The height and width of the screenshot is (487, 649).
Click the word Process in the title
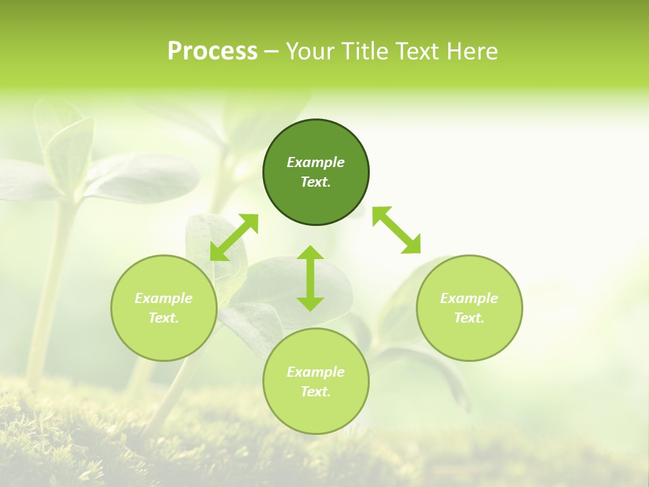(x=212, y=51)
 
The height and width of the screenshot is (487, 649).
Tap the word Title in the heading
(x=366, y=51)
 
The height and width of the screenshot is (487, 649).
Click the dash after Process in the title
(x=271, y=52)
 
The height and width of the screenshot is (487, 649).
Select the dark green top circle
(x=316, y=172)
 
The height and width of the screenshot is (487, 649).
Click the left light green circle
(x=164, y=308)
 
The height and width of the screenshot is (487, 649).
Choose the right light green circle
(x=468, y=308)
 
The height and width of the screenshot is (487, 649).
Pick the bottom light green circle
(x=316, y=381)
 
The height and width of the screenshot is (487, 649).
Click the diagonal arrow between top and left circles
(x=234, y=237)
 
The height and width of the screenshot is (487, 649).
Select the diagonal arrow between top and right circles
(x=397, y=230)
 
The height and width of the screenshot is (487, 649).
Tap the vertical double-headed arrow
(x=310, y=278)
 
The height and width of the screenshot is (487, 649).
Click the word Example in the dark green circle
(x=316, y=162)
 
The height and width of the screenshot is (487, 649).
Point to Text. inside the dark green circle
(x=316, y=182)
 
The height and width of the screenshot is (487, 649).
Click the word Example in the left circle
(x=164, y=298)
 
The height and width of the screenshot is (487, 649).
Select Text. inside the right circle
(x=468, y=318)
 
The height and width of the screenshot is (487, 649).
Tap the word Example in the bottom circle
(x=316, y=372)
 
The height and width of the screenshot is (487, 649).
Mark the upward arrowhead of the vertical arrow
(x=310, y=253)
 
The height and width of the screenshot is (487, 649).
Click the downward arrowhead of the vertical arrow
(x=310, y=303)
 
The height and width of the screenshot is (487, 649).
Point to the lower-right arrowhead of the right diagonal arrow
(x=412, y=246)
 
